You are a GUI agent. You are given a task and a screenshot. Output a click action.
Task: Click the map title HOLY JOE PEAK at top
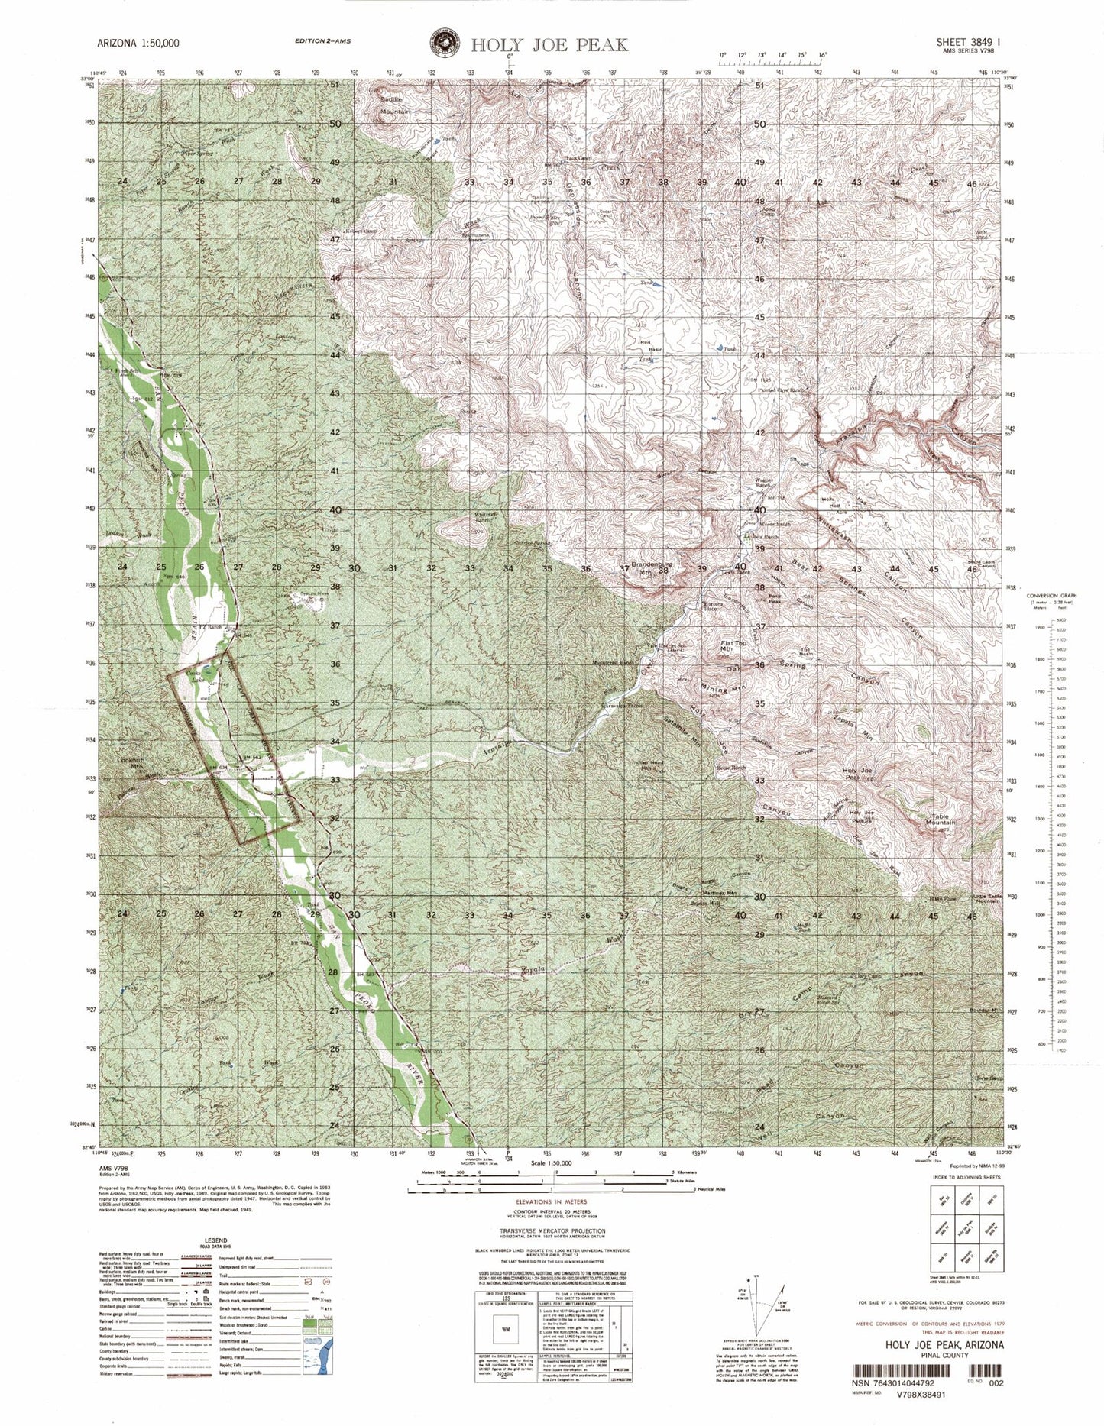[549, 44]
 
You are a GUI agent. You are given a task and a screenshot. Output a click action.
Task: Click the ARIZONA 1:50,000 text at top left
[137, 44]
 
